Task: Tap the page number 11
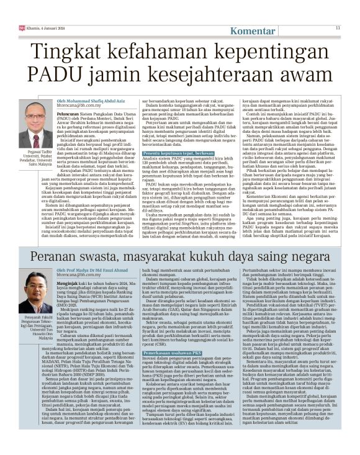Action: coord(338,27)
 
